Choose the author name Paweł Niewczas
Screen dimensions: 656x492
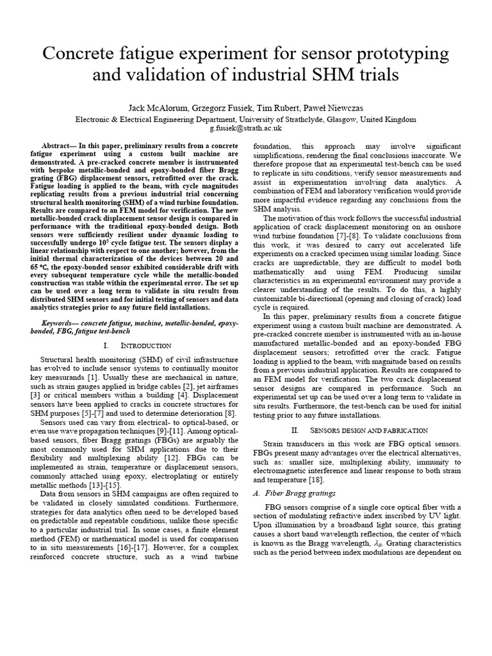(341, 108)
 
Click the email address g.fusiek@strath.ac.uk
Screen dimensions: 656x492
(246, 128)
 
